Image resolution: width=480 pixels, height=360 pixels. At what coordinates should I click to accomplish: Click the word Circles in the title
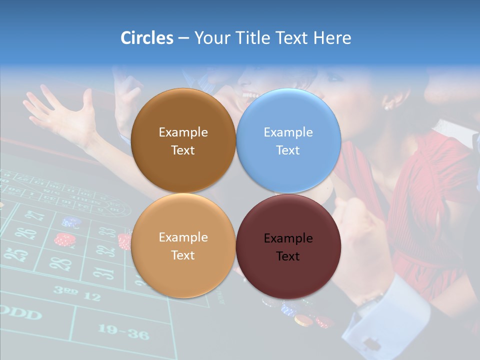coord(147,38)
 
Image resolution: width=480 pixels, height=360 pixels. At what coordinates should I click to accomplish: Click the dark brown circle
coord(183,140)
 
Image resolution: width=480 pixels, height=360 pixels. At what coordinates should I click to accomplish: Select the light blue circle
coord(288,140)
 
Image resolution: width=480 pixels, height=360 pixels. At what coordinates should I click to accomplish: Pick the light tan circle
coord(183,245)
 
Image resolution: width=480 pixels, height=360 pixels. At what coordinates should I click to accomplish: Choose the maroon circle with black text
coord(288,246)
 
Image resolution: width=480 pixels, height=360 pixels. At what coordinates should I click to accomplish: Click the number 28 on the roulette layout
coord(60,263)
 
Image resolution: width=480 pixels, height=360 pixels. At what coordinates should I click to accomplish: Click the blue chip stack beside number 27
coord(71,221)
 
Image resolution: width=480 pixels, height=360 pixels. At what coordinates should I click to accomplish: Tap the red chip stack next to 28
coord(64,239)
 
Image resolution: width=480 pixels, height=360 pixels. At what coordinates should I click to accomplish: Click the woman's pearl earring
coord(386,106)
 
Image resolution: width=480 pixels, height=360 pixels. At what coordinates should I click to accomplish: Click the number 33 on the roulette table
coord(106,232)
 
